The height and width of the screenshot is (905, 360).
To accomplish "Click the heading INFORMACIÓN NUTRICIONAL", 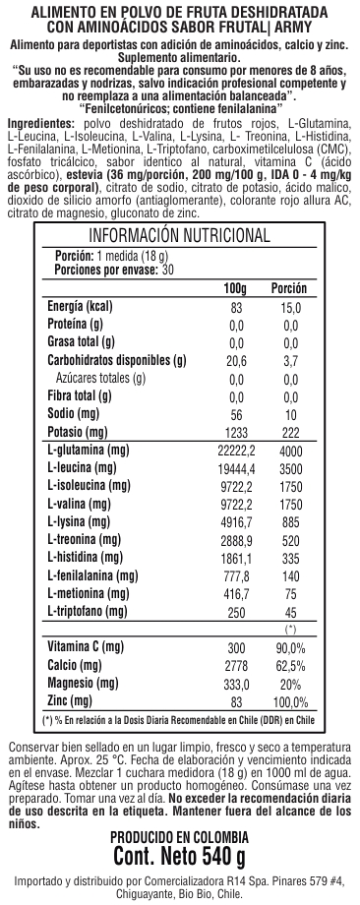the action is point(179,235).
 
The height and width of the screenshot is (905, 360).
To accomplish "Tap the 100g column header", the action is point(234,287).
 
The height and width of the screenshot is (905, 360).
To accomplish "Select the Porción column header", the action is point(289,287).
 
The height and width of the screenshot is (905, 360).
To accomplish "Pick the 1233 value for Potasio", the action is point(234,432).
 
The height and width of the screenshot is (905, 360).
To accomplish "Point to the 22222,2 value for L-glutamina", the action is point(234,451).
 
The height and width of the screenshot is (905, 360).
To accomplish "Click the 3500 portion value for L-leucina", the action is point(289,468).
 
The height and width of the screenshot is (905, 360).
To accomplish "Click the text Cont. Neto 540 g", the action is point(179,856).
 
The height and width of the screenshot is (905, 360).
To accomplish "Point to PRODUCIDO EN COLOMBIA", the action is point(179,837).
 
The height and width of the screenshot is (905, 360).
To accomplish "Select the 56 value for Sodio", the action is point(234,413).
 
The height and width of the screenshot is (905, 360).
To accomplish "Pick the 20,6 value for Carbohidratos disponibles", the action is point(234,360).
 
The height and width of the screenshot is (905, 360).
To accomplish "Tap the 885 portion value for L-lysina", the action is point(289,521).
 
